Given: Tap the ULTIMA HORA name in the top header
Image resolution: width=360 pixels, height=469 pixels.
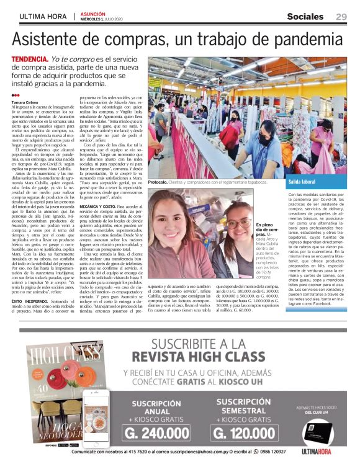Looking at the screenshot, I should [43, 17].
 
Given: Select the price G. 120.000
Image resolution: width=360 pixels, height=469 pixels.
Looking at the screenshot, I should [241, 434].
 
